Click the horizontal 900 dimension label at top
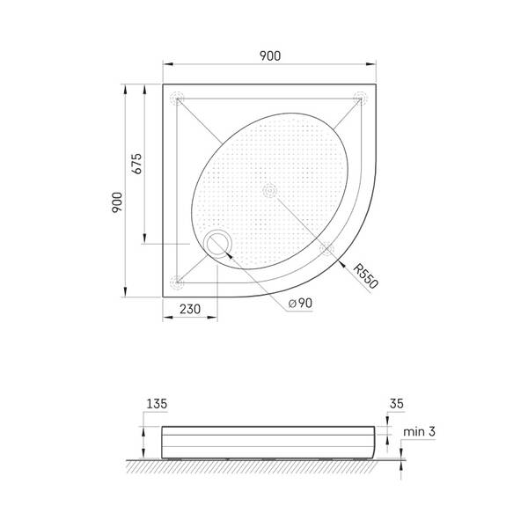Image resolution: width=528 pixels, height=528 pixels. coord(270,56)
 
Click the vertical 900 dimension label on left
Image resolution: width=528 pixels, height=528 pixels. coord(117,202)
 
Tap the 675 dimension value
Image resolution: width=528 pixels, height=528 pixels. coord(136,164)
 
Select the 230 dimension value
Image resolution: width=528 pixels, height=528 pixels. coord(190,309)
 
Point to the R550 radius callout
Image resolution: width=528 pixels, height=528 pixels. coord(366,276)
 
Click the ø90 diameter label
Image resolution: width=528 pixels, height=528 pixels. coord(300,303)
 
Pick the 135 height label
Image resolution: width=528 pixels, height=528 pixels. coord(157,403)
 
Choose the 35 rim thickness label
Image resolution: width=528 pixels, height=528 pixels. coord(396,403)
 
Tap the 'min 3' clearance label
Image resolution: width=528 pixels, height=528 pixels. coord(419,431)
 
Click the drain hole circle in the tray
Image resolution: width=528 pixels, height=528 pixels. coord(217,244)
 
